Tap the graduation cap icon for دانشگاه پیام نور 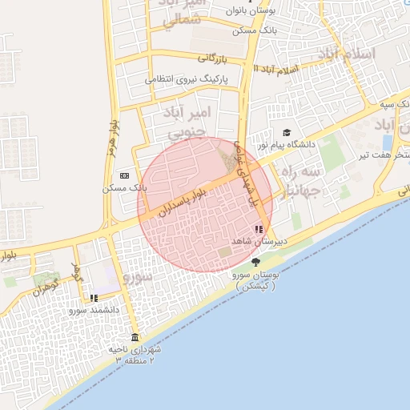286,133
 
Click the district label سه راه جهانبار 302,181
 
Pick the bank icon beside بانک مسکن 124,175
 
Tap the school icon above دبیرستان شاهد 258,228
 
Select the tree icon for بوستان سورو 255,262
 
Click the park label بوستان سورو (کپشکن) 255,279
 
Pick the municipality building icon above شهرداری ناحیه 134,337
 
